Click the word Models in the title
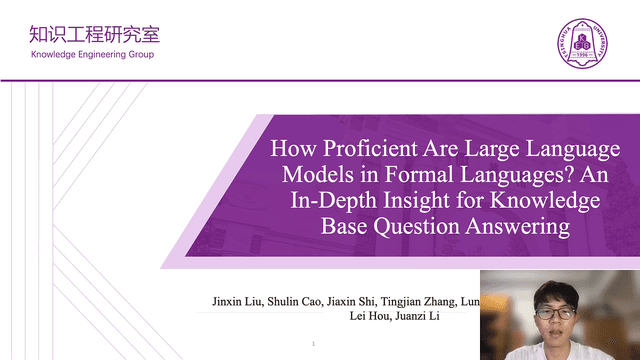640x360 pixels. pyautogui.click(x=306, y=176)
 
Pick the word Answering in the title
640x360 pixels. pyautogui.click(x=522, y=227)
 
